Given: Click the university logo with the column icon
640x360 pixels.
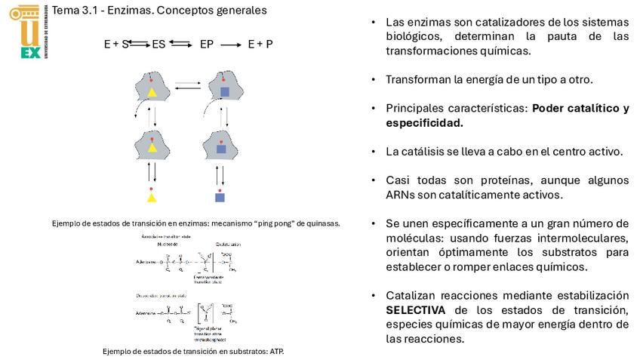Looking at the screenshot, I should coord(25,30).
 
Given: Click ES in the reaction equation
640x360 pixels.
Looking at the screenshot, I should coord(158,45).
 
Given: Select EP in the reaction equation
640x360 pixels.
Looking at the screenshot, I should coord(206,45).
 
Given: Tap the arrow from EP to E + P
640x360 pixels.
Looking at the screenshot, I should coord(230,45).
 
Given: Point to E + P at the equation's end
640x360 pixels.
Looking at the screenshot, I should coord(260,45).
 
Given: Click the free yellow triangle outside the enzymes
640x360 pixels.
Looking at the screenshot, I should coord(152,198).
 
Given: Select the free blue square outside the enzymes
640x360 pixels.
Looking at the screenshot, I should coord(220,198).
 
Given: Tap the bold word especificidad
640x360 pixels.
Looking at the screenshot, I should coord(424,122).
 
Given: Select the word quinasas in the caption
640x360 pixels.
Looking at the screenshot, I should coord(324,223).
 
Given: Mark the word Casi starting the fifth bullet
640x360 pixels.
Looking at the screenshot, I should coord(397,180).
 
